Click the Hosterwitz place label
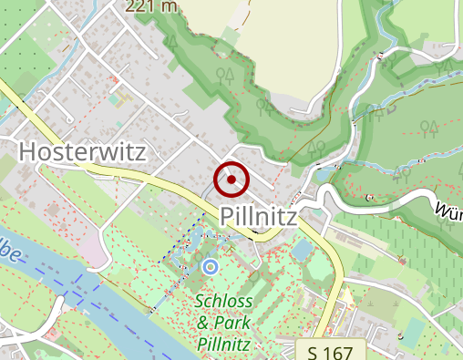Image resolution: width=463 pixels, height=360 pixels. click(x=82, y=151)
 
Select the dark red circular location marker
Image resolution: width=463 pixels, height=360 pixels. click(x=231, y=180)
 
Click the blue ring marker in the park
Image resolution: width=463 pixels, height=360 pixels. click(x=211, y=267)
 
